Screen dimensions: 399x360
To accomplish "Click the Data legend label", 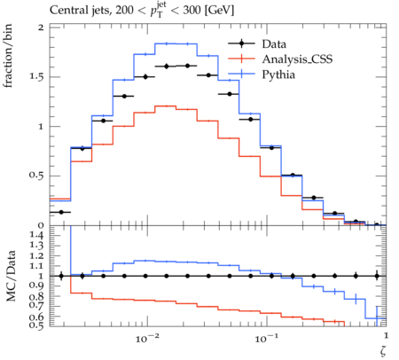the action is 274,44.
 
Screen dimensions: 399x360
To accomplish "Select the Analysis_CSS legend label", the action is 297,59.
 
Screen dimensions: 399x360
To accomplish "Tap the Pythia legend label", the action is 278,74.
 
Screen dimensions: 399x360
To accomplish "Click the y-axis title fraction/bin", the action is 8,56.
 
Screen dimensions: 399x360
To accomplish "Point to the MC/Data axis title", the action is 11,276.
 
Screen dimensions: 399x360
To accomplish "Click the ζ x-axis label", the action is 383,350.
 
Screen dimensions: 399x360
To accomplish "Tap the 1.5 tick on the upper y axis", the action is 36,77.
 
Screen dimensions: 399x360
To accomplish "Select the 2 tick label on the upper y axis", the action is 41,27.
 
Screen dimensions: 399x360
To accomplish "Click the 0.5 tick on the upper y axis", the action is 36,176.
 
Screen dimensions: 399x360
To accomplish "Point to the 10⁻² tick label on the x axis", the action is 148,338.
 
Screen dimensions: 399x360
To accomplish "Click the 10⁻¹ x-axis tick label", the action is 268,338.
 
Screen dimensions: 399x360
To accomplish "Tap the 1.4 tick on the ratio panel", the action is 36,235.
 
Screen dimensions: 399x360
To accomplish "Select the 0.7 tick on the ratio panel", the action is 36,305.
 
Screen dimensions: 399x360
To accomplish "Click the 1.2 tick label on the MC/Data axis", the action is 36,255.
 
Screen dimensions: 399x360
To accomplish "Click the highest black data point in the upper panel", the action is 187,66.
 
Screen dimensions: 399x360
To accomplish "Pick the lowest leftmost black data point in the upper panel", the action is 61,212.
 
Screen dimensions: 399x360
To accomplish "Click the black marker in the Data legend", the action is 241,43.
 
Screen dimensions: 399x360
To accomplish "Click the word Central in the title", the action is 65,11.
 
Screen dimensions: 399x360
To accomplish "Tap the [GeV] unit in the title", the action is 219,11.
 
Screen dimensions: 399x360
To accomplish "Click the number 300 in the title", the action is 192,11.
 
